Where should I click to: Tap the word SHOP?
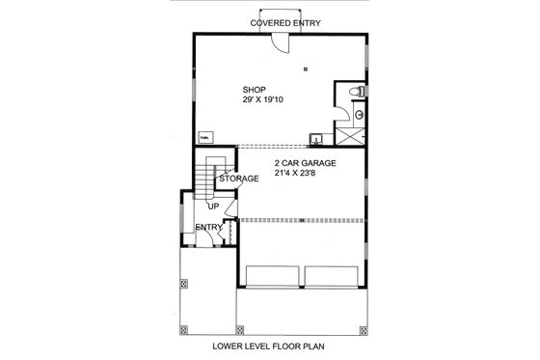(x=254, y=90)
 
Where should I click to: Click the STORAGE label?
(x=238, y=179)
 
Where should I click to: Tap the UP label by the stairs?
(x=214, y=206)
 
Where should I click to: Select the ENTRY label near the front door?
(x=208, y=228)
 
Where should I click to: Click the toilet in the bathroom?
(x=358, y=91)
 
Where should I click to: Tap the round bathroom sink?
(x=359, y=112)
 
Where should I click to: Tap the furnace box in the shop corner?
(x=205, y=137)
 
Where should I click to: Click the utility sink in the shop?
(x=316, y=137)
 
